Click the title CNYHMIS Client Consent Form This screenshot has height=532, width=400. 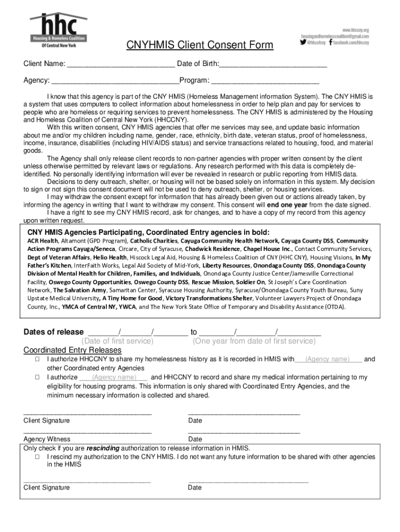click(x=200, y=46)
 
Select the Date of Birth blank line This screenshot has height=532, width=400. click(x=273, y=65)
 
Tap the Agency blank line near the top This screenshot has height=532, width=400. click(x=115, y=82)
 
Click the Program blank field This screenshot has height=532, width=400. click(x=265, y=82)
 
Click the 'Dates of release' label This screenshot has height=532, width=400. click(x=54, y=332)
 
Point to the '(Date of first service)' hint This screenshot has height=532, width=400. click(x=118, y=341)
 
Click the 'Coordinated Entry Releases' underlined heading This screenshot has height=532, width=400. click(x=72, y=351)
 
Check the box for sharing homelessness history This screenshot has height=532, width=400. click(x=37, y=360)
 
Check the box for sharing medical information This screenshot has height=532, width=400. click(x=37, y=377)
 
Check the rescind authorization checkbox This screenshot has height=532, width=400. click(x=37, y=457)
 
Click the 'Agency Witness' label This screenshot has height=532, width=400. click(x=47, y=440)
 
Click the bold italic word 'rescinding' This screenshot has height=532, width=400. click(x=103, y=448)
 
